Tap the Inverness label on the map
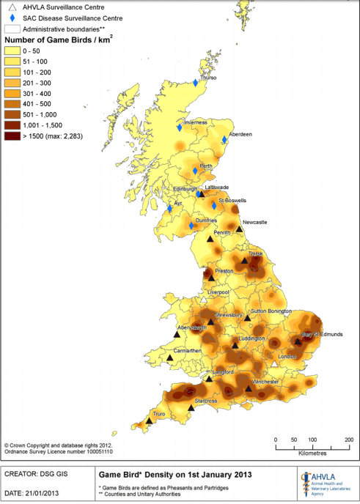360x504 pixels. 196,122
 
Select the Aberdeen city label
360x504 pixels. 240,135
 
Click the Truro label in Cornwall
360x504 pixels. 159,414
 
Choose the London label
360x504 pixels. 288,357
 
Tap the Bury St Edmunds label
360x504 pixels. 322,334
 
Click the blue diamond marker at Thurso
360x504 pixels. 196,83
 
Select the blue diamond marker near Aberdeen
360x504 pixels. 224,140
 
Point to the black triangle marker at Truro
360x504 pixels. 149,420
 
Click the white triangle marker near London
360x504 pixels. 274,364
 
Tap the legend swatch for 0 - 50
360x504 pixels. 13,51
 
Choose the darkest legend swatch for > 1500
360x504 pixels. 13,136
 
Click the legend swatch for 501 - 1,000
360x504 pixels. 13,114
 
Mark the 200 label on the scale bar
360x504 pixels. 348,440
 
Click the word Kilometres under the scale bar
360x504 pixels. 312,453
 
